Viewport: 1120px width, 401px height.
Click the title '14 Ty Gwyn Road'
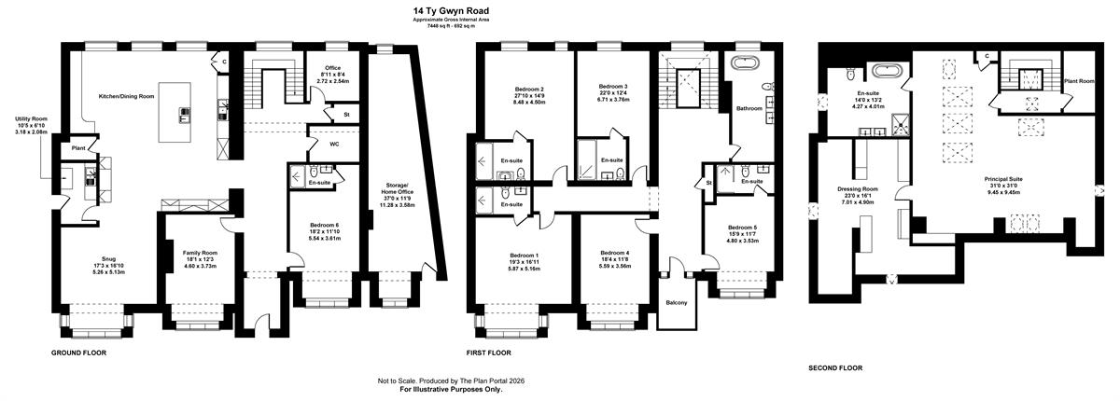click(x=451, y=10)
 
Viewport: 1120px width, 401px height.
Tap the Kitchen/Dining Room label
click(x=127, y=96)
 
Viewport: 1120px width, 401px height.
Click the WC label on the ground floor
click(x=334, y=144)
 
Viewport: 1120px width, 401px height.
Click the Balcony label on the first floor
click(x=677, y=303)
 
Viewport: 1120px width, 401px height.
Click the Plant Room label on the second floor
click(x=1079, y=81)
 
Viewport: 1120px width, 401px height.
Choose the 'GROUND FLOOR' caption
click(x=79, y=353)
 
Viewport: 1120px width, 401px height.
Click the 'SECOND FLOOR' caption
click(x=835, y=368)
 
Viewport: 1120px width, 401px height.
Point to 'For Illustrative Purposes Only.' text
click(x=451, y=389)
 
